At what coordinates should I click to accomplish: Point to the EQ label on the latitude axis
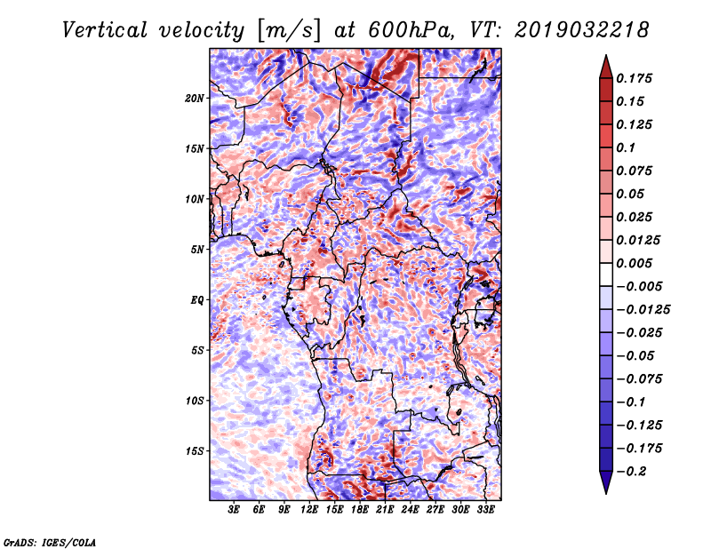[x=197, y=299]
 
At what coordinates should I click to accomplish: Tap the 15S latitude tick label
[x=196, y=450]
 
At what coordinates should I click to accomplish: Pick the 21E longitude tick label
[x=385, y=511]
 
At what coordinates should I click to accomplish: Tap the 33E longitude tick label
[x=485, y=511]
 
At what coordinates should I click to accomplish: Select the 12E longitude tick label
[x=309, y=511]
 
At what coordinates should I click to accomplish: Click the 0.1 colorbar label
[x=626, y=147]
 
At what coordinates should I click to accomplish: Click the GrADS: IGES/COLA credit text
[x=49, y=541]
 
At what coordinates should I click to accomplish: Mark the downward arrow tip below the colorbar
[x=605, y=491]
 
